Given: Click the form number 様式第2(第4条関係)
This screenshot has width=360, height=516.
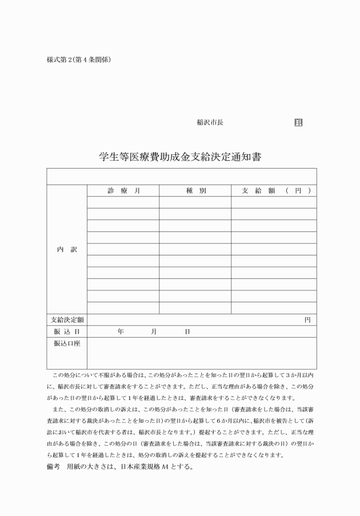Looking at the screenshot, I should point(78,59).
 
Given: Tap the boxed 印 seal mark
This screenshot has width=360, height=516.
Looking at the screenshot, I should point(298,122).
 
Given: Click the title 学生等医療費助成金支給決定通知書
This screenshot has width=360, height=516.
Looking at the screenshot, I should point(180,156).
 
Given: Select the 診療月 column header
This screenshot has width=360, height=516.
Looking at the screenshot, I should point(123,191).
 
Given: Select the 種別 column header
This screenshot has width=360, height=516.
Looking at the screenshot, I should point(195,191).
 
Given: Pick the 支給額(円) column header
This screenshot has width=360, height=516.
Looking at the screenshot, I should point(274,191).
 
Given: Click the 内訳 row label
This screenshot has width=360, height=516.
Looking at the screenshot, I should point(66,250).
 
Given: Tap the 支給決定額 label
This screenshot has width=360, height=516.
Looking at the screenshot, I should point(66,320).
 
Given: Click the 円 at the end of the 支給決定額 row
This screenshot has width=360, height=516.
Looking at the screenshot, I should point(307,320).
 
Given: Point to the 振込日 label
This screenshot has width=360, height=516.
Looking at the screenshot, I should point(66,332).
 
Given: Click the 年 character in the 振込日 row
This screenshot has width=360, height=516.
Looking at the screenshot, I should point(120,332).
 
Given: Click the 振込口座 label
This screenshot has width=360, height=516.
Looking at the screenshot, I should point(67,344).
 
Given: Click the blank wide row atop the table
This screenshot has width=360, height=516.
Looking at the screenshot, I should point(181,176).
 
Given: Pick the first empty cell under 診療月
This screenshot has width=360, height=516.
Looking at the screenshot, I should point(123,202).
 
